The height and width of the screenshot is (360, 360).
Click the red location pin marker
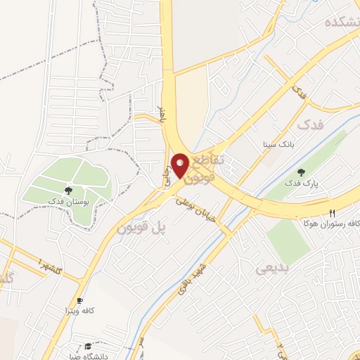pos(180,166)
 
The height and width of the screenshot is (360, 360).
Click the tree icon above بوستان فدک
pos(68,190)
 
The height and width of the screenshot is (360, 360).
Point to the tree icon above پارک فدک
pos(301,172)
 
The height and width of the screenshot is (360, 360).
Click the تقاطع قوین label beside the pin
pos(208,169)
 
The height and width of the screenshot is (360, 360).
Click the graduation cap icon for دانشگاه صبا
pos(88,347)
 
